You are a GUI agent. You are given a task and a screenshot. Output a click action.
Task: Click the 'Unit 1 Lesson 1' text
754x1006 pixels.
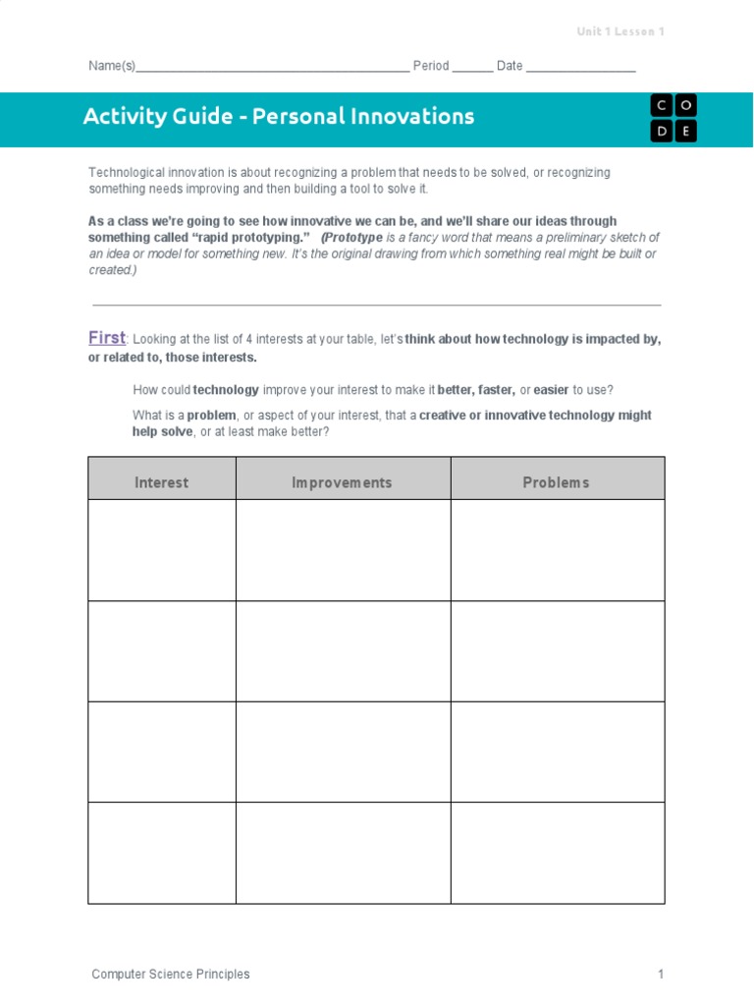620,31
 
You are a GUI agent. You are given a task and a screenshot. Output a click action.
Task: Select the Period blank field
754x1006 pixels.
472,68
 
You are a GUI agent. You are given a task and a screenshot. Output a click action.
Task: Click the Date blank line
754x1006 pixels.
581,68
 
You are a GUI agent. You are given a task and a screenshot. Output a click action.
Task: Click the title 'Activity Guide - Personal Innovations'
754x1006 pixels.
279,117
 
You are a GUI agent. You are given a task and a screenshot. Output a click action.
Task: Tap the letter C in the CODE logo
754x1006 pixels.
660,106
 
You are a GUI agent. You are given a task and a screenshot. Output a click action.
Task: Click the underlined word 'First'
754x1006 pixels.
107,338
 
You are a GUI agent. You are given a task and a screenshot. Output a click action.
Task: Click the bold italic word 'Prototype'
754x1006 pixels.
352,238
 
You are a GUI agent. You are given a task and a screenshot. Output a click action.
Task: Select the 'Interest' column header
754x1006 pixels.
162,482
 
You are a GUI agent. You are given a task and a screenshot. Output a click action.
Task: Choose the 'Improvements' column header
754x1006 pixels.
343,482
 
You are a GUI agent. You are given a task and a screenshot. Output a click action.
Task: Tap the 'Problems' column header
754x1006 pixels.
557,482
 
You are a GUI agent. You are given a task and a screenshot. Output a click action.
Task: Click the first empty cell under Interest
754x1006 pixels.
162,550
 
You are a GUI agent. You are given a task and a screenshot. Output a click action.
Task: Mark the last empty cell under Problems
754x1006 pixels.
557,853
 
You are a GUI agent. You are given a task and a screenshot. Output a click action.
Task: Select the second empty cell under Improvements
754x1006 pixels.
343,651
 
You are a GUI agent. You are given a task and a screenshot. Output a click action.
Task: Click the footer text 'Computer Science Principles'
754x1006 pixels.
171,975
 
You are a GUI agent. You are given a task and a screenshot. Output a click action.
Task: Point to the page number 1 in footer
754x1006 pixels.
661,975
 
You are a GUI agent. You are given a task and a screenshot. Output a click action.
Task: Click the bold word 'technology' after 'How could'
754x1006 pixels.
227,390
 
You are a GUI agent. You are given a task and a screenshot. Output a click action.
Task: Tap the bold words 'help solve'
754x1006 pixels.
163,432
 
